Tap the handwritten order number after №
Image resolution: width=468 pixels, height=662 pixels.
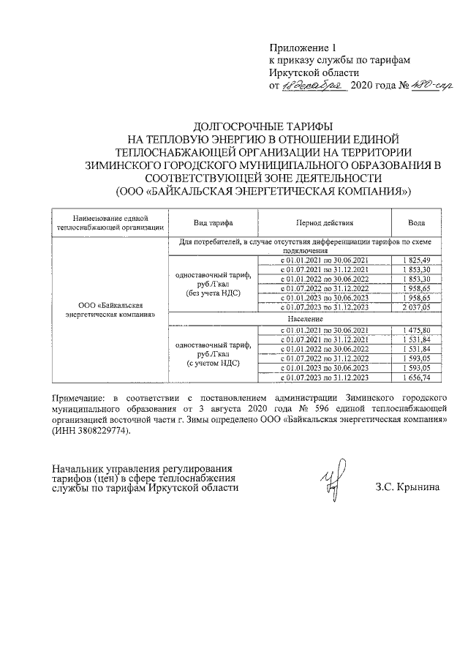click(x=412, y=86)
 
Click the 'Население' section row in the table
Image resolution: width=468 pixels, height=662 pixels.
click(x=305, y=319)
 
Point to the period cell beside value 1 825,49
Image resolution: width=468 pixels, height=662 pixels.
click(x=325, y=260)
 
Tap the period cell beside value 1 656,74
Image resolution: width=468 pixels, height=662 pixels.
click(x=325, y=378)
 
